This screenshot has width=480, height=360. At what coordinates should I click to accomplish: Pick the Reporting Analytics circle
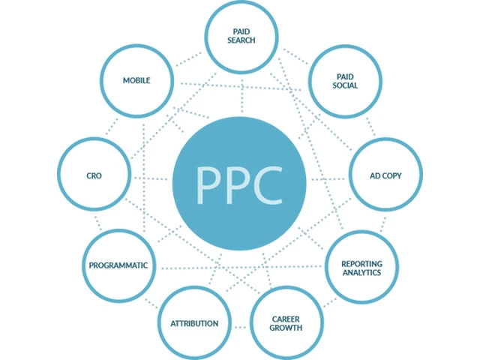pyautogui.click(x=361, y=268)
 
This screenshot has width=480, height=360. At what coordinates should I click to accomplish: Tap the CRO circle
pyautogui.click(x=94, y=175)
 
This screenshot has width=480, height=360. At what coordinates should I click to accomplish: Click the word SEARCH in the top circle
pyautogui.click(x=241, y=40)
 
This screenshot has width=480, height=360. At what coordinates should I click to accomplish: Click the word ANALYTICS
pyautogui.click(x=361, y=274)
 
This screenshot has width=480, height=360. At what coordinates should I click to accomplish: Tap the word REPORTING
pyautogui.click(x=361, y=263)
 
